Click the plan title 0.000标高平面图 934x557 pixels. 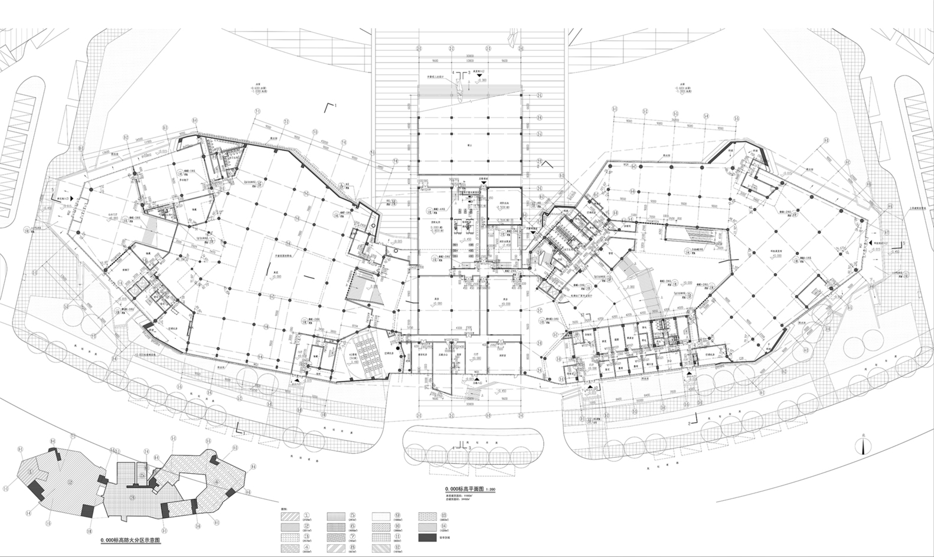pos(465,489)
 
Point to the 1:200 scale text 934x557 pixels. pos(491,490)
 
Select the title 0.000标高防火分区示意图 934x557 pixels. pos(130,540)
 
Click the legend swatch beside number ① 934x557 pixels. pos(290,517)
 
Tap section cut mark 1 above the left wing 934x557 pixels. pos(332,107)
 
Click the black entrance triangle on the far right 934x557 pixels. pos(870,243)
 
